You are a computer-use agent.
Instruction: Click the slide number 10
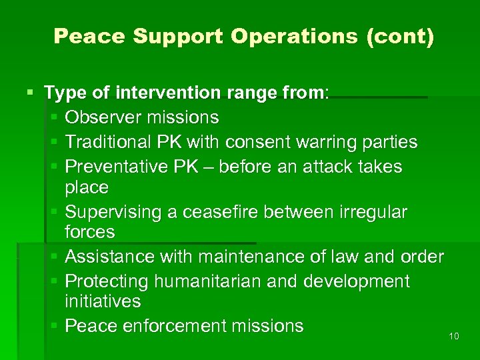[x=454, y=336]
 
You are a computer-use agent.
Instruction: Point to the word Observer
[x=104, y=117]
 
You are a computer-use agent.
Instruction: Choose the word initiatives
[x=103, y=301]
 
